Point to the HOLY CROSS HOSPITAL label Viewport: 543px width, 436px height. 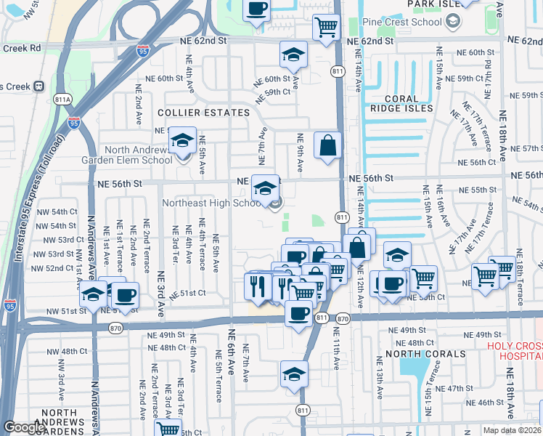pyautogui.click(x=514, y=351)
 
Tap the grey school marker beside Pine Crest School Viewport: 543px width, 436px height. pyautogui.click(x=453, y=22)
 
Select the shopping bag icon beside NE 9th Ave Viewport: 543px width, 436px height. pyautogui.click(x=328, y=145)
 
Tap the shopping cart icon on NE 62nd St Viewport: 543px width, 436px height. pyautogui.click(x=326, y=28)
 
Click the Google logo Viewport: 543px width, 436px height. pyautogui.click(x=24, y=427)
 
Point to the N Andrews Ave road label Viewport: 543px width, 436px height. pyautogui.click(x=93, y=247)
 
